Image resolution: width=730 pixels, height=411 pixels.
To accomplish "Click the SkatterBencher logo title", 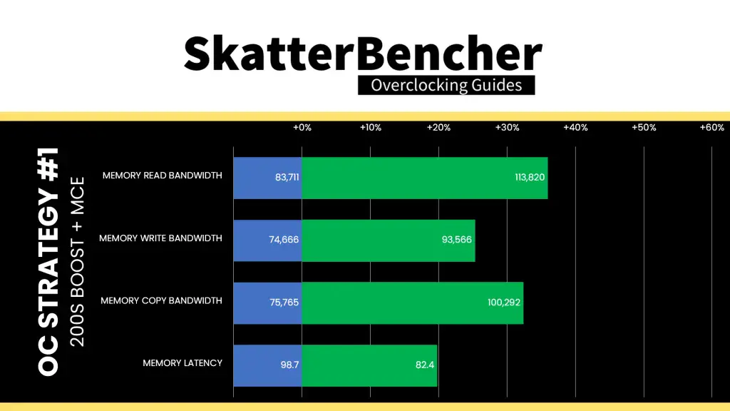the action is (363, 54).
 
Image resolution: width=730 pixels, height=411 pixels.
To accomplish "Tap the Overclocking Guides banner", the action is (446, 86).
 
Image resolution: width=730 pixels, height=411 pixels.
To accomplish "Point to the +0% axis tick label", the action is (302, 128).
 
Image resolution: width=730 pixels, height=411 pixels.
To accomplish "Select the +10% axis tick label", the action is (371, 128).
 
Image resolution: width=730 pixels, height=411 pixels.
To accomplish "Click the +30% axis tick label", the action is (507, 128).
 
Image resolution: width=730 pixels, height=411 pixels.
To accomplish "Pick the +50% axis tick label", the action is (644, 128).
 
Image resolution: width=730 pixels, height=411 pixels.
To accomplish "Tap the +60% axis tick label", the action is (712, 128).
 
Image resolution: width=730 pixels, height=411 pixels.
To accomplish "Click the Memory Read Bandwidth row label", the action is (162, 176).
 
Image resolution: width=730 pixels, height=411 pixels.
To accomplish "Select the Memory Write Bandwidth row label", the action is (160, 238).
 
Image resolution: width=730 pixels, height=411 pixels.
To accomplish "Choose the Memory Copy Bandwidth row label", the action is (162, 300).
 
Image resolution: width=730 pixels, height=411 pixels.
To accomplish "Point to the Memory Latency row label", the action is (182, 363).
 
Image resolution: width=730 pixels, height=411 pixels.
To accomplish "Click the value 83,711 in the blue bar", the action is (287, 178).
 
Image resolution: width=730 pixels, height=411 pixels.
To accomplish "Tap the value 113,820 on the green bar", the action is (530, 178).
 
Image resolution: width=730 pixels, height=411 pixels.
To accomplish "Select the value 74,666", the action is (284, 240).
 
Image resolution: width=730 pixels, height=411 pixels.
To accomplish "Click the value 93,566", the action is (457, 240).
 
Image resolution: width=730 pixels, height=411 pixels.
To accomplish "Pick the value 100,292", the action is (504, 303).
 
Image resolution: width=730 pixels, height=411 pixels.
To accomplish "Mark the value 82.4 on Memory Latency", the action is (425, 365).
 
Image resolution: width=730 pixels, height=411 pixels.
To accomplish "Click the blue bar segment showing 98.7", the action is (268, 366).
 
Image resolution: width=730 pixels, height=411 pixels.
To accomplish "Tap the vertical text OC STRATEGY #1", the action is (48, 262).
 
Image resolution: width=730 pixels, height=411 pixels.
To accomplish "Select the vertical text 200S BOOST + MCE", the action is (77, 262).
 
